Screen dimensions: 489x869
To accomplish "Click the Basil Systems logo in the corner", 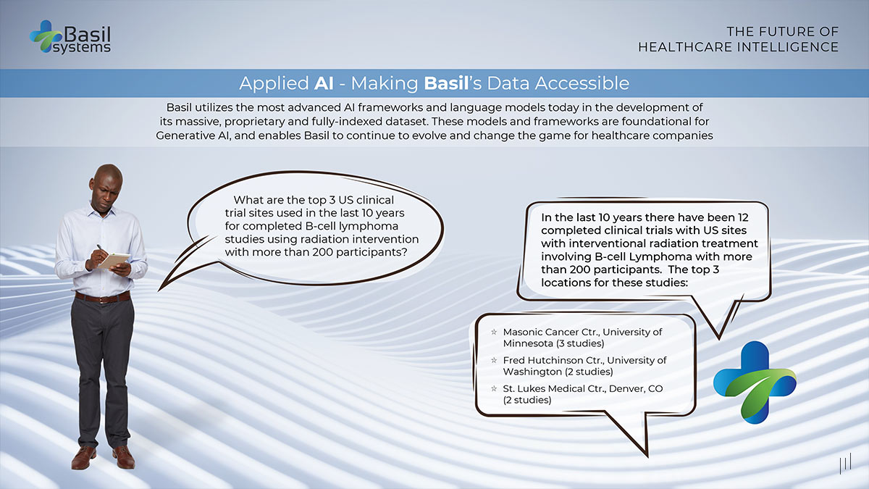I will pos(70,37).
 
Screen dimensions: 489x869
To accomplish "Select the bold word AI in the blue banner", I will pos(323,83).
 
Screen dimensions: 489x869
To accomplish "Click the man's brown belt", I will pos(102,297).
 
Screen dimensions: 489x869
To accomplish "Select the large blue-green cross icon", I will pos(754,381).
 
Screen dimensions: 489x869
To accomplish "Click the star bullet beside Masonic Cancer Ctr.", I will pos(494,332).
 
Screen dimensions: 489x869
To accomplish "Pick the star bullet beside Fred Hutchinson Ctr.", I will pos(494,360).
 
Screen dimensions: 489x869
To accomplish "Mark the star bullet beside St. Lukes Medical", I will pos(494,389).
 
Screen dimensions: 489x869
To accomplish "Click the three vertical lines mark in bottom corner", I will pos(844,465).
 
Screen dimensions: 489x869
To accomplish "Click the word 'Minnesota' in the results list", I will pos(528,343).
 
